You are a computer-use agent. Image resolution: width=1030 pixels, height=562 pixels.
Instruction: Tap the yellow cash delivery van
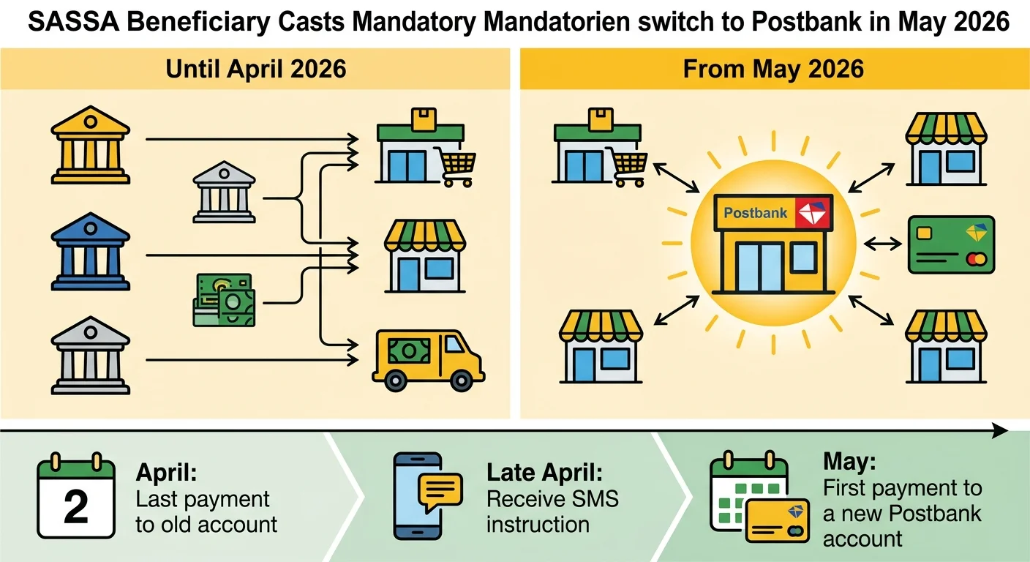(x=428, y=358)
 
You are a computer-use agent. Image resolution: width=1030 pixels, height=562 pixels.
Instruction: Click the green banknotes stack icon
(x=222, y=299)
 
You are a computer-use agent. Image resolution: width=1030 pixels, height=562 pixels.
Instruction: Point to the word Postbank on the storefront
(x=755, y=213)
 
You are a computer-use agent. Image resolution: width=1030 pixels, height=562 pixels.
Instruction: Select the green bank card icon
(x=951, y=244)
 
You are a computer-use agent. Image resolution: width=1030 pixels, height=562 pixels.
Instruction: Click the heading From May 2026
(x=773, y=70)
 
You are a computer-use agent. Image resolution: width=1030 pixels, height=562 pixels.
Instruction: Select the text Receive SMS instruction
(x=552, y=512)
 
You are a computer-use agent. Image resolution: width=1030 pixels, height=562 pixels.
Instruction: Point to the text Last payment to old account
(x=206, y=512)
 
